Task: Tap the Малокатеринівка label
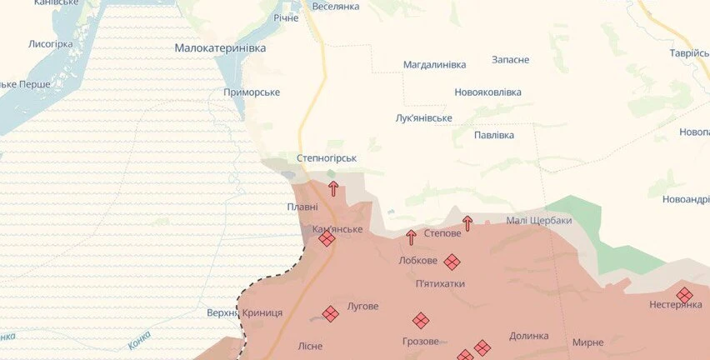220,48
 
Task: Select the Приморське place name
251,92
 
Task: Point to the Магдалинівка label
434,64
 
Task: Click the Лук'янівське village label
423,117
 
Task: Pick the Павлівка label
493,135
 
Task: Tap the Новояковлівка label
487,92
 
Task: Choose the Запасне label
510,60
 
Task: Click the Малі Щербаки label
538,220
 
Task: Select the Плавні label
302,207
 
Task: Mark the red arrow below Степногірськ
333,188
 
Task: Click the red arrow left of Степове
411,237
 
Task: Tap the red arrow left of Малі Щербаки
467,222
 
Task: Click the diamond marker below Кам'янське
327,239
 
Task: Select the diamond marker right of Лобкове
452,262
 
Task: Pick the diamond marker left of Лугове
331,313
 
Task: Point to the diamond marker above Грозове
421,320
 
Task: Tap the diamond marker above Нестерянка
684,294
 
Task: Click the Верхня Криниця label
244,312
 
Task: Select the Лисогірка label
51,43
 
